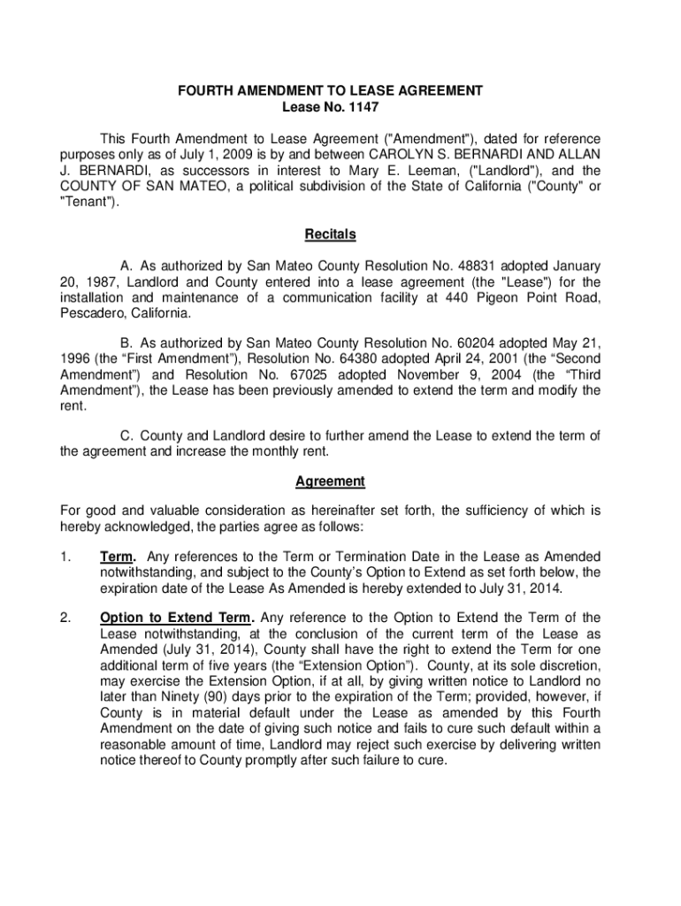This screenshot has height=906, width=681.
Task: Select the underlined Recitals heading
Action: tap(330, 234)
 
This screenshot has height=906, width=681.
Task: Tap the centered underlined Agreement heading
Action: tap(330, 481)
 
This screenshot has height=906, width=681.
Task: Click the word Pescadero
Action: tap(93, 314)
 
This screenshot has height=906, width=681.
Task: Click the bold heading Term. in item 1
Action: tap(118, 557)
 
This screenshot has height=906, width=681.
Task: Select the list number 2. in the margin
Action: tap(66, 618)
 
